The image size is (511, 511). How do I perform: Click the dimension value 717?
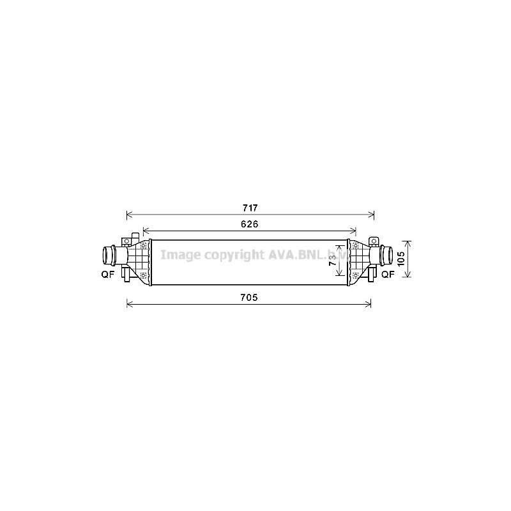pyautogui.click(x=249, y=208)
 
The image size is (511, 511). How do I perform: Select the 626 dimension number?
pyautogui.click(x=249, y=224)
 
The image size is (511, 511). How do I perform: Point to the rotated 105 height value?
pyautogui.click(x=400, y=259)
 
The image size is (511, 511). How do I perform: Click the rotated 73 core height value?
pyautogui.click(x=332, y=259)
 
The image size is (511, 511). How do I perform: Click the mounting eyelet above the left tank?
pyautogui.click(x=126, y=241)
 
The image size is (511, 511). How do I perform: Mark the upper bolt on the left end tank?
pyautogui.click(x=144, y=246)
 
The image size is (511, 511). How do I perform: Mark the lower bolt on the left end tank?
pyautogui.click(x=144, y=275)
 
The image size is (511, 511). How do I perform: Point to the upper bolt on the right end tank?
pyautogui.click(x=356, y=246)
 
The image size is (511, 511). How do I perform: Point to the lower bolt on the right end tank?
pyautogui.click(x=356, y=275)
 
